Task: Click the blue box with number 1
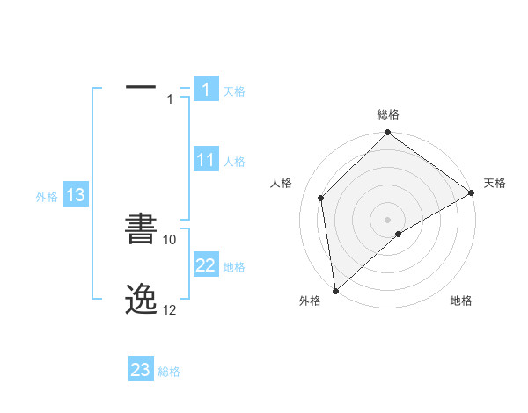point(206,90)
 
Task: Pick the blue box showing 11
point(206,160)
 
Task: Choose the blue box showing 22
point(206,265)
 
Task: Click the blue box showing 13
point(76,195)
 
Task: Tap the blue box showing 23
point(141,370)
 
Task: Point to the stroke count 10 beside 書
point(170,239)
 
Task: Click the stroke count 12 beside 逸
point(170,310)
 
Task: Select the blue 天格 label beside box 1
point(234,91)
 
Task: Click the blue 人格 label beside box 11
point(234,162)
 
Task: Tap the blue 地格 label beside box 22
point(234,267)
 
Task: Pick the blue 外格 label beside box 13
point(47,197)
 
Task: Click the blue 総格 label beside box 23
point(169,372)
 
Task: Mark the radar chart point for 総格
point(387,134)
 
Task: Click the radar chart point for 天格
point(471,192)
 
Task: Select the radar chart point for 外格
point(335,290)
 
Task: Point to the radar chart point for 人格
point(321,198)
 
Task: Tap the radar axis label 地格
point(461,301)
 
